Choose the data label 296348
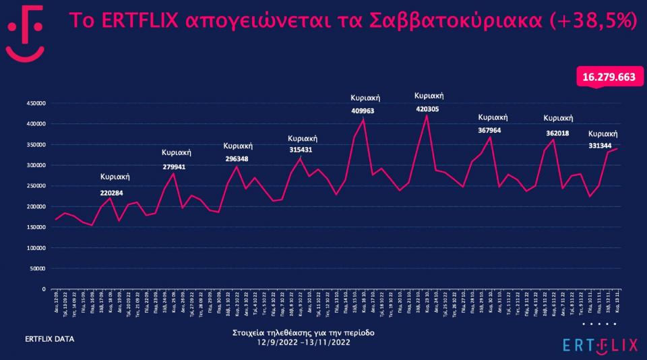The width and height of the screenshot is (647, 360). (x=237, y=159)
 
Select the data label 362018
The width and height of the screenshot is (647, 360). (x=557, y=133)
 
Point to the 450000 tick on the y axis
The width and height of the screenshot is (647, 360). (x=35, y=104)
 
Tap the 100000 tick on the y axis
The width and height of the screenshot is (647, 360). (x=35, y=247)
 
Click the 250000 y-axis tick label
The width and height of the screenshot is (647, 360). (x=35, y=165)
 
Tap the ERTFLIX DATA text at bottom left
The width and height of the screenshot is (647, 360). (x=49, y=339)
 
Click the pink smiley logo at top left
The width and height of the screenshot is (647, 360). (x=25, y=34)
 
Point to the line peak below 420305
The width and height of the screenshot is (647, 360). (x=427, y=115)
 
